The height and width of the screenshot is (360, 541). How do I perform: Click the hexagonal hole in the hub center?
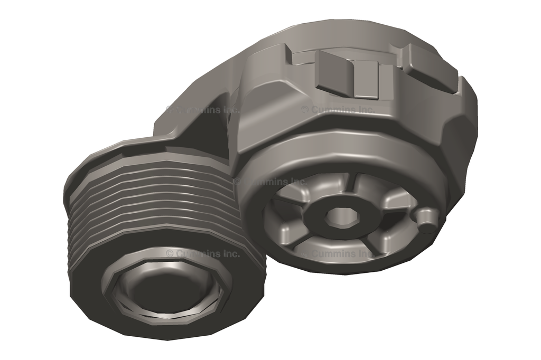coord(335,216)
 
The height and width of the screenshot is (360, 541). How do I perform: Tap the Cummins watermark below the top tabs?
coord(338,109)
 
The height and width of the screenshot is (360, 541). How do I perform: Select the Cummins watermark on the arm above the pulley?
coord(203,109)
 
